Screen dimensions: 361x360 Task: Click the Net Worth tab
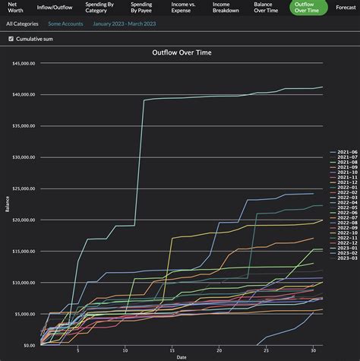coord(15,8)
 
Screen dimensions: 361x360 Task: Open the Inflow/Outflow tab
coord(55,8)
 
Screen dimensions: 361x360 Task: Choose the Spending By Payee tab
coord(141,8)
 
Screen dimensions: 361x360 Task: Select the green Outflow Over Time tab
coord(308,8)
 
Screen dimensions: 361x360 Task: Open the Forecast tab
coord(346,8)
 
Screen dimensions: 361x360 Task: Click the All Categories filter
coord(22,24)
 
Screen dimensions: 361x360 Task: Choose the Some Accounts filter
coord(65,24)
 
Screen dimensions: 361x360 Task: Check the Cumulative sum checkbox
coord(11,39)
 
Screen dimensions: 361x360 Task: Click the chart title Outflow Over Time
coord(182,53)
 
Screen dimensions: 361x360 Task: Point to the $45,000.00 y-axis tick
coord(24,64)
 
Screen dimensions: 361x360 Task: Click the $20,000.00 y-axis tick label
coord(24,220)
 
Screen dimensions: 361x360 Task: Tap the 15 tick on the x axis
coord(172,350)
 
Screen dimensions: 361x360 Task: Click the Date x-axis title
coord(182,356)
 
